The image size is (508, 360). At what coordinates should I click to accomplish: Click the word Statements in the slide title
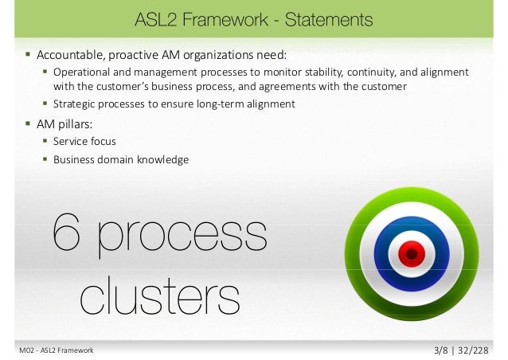click(x=330, y=18)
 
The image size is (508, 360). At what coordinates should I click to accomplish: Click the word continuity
click(x=369, y=72)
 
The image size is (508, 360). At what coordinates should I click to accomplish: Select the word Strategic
click(x=76, y=104)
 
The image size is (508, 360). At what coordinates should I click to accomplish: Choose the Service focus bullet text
click(x=84, y=141)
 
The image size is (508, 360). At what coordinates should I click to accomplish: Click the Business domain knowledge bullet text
click(x=121, y=159)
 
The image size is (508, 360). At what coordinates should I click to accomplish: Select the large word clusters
click(x=160, y=295)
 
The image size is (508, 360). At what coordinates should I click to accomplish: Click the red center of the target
click(x=411, y=254)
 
